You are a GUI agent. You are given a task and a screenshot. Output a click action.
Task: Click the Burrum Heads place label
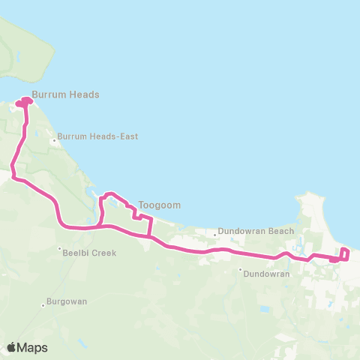point(66,95)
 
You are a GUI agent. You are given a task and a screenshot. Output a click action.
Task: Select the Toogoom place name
point(160,204)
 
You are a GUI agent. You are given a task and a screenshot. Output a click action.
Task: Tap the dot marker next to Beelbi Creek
point(60,249)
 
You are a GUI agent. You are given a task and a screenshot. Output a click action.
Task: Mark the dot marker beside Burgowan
point(43,305)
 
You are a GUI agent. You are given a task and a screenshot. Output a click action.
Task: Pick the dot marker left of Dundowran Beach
point(215,233)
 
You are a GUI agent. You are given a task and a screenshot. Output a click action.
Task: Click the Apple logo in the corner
point(12,347)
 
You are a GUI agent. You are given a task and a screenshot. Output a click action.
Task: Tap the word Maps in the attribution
point(33,347)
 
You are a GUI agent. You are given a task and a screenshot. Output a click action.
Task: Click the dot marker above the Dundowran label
point(240,270)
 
